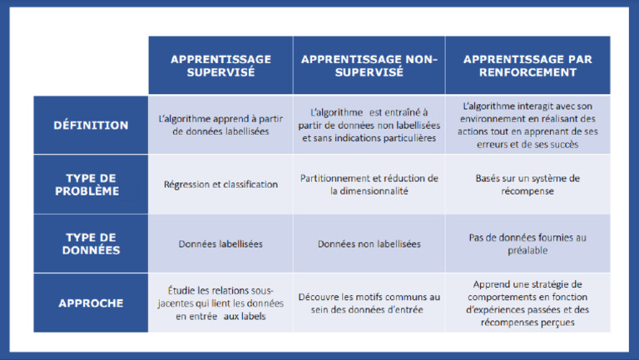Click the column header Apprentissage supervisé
[220, 66]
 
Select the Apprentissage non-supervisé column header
[369, 66]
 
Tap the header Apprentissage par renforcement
[528, 66]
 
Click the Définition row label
[91, 126]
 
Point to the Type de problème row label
[91, 185]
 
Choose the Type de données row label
[91, 244]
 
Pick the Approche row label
[91, 303]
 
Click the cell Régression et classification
[220, 185]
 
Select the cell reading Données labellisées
[220, 244]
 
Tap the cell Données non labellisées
[369, 244]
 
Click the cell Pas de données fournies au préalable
[528, 244]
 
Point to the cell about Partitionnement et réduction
[369, 185]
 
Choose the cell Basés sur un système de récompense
[528, 185]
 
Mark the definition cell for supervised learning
[220, 126]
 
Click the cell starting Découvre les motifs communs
[369, 303]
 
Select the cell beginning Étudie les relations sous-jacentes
[220, 303]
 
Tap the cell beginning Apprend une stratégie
[528, 303]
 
